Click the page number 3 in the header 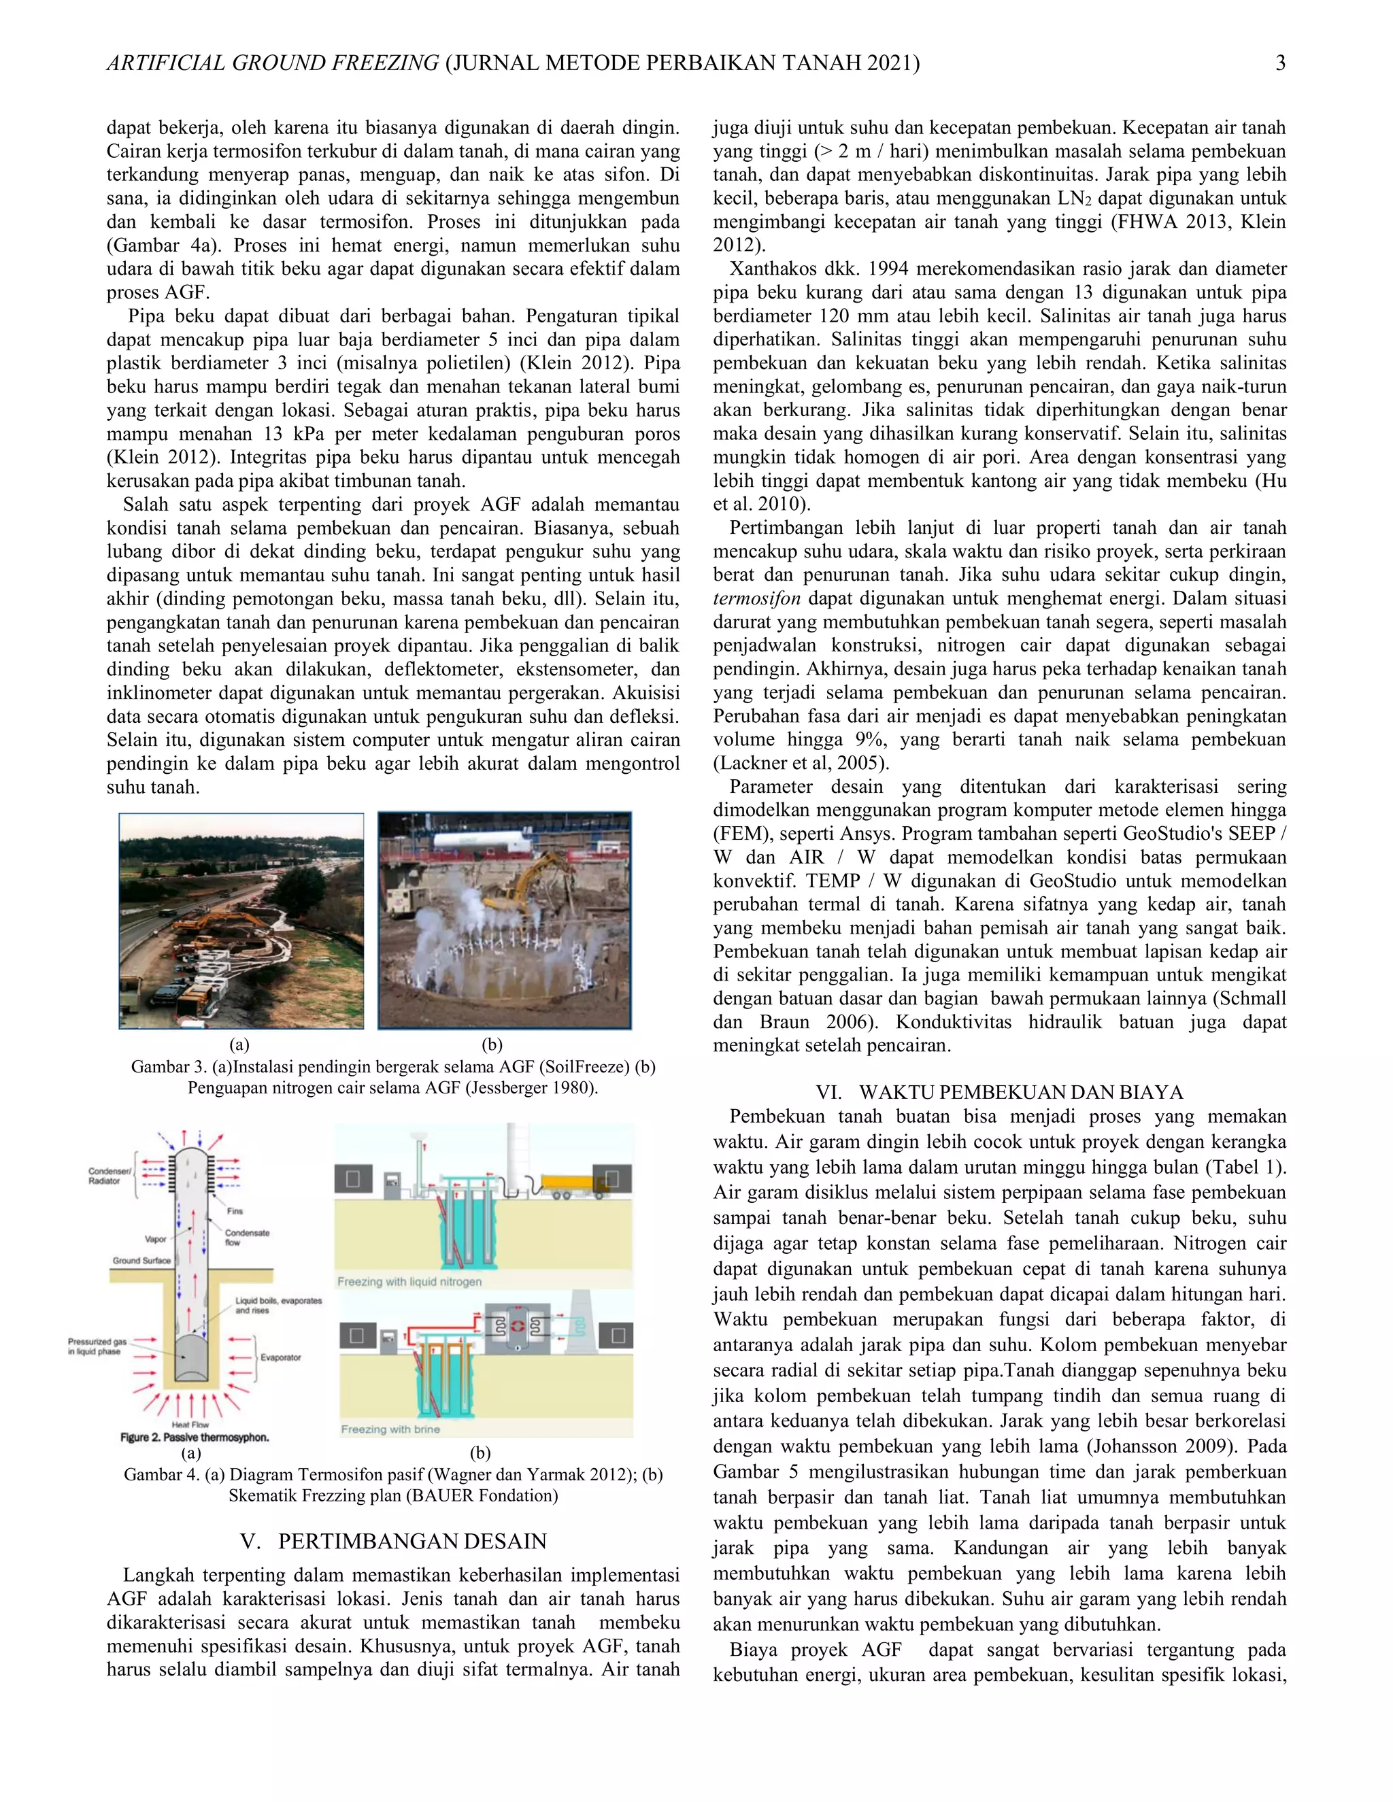click(x=1280, y=63)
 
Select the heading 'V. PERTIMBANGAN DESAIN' click(x=393, y=1542)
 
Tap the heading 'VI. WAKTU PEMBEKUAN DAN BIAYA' click(x=998, y=1093)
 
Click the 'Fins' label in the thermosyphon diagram click(x=235, y=1211)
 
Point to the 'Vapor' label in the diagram click(x=155, y=1239)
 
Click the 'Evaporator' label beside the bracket click(x=281, y=1357)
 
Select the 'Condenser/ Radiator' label click(x=104, y=1176)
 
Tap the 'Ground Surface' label click(x=141, y=1261)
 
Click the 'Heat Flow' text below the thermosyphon click(x=190, y=1424)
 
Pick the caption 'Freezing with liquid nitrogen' click(x=409, y=1281)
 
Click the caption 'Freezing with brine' click(x=390, y=1429)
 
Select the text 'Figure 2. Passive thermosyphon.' click(x=195, y=1438)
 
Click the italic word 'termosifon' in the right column click(x=757, y=598)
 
